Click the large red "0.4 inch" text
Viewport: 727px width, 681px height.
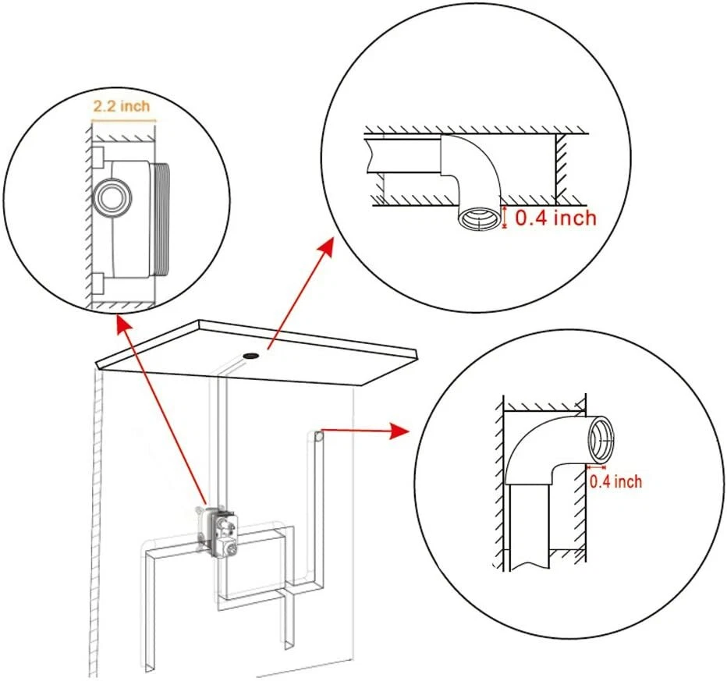point(555,217)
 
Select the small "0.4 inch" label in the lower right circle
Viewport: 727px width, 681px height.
point(615,481)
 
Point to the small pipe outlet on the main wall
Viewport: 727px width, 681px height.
point(319,437)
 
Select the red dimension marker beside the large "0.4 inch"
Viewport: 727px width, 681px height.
point(505,217)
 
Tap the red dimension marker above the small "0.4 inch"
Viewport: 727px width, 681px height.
point(595,466)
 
